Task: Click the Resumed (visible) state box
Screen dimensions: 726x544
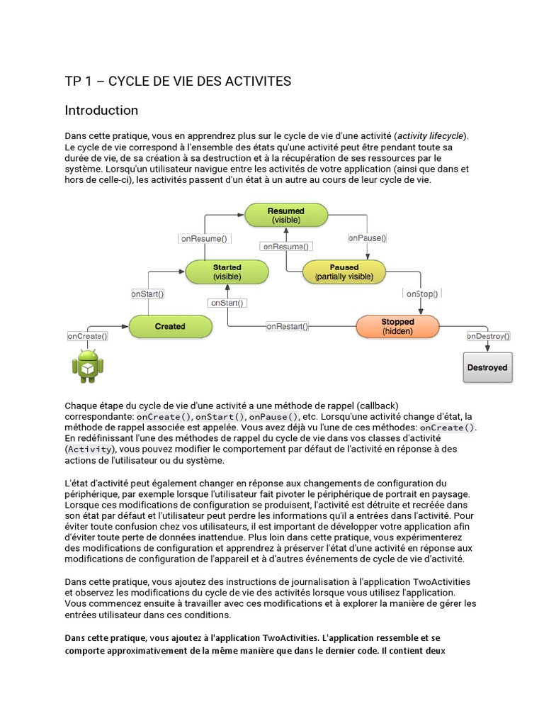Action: (286, 216)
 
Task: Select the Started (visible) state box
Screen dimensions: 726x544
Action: (227, 272)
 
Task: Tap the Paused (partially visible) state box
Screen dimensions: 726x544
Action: (344, 272)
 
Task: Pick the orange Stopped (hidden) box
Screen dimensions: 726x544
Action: (397, 326)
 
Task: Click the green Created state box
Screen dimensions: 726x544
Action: (170, 326)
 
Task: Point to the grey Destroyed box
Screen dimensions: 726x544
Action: (487, 367)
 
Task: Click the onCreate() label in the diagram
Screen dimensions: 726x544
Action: (88, 335)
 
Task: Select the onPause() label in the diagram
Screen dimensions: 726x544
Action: (367, 238)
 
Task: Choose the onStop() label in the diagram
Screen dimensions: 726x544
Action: (421, 293)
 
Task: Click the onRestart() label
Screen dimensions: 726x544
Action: (287, 326)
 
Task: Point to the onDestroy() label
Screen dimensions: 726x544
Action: (488, 335)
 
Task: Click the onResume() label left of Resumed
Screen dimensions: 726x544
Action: (203, 239)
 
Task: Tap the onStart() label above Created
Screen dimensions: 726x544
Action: (148, 293)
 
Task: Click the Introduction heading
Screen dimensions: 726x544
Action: (101, 111)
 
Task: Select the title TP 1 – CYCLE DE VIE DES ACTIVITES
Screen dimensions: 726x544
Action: (178, 82)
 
